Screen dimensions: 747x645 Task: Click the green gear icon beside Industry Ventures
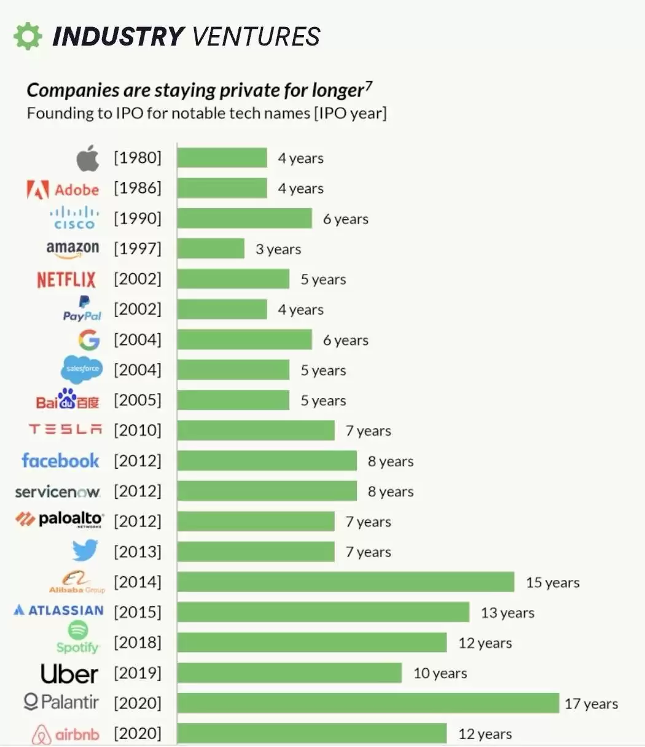coord(28,36)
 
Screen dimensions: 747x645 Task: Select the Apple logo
coord(88,158)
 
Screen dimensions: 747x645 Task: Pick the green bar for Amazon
coord(211,249)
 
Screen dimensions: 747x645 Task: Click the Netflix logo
coord(66,280)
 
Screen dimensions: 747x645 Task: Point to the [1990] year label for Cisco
coord(138,219)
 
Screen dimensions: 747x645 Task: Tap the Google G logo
coord(88,340)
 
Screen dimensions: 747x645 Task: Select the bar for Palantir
coord(368,703)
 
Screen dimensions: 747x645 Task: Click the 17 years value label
coord(591,704)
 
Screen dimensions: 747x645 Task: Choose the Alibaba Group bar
coord(345,582)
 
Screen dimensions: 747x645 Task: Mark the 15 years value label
coord(552,582)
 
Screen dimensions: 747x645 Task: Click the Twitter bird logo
coord(85,551)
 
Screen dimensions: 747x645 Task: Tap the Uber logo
coord(69,674)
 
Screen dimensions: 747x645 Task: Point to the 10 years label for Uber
coord(440,673)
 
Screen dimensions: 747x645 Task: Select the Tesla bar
coord(256,431)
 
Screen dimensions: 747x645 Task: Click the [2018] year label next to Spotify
coord(138,643)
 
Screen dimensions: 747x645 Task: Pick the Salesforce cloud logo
coord(82,369)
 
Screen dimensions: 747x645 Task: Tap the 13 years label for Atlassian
coord(507,612)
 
